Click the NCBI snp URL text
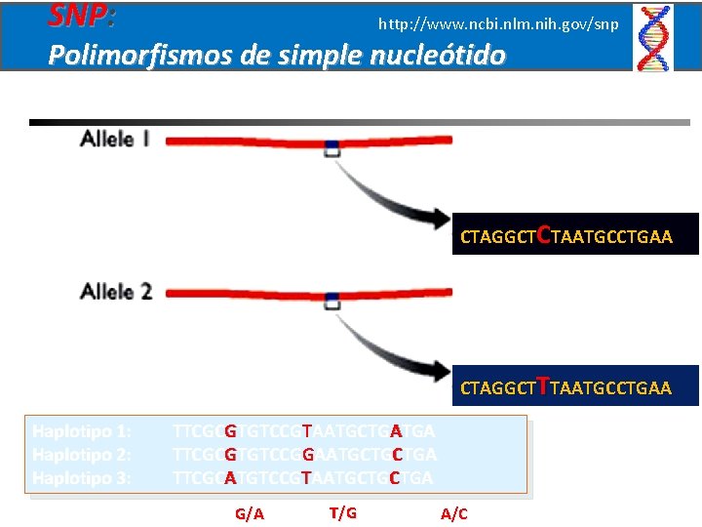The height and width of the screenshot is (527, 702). coord(497,22)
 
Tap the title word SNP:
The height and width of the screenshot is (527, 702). coord(82,16)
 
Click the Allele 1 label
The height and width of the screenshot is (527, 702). coord(114,140)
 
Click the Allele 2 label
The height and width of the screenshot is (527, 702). coord(115,291)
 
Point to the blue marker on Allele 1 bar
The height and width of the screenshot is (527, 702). coord(332,147)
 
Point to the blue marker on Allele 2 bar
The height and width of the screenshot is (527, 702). coord(332,298)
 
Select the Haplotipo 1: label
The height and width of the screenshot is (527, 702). coord(82,431)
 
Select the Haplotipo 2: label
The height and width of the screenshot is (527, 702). coord(82,455)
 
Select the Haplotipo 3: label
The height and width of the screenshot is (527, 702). coord(82,478)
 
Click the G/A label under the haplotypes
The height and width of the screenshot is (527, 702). coord(251,513)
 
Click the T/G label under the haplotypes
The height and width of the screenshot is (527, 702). coord(342,512)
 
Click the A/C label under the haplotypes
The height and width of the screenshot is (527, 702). coord(454,513)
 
